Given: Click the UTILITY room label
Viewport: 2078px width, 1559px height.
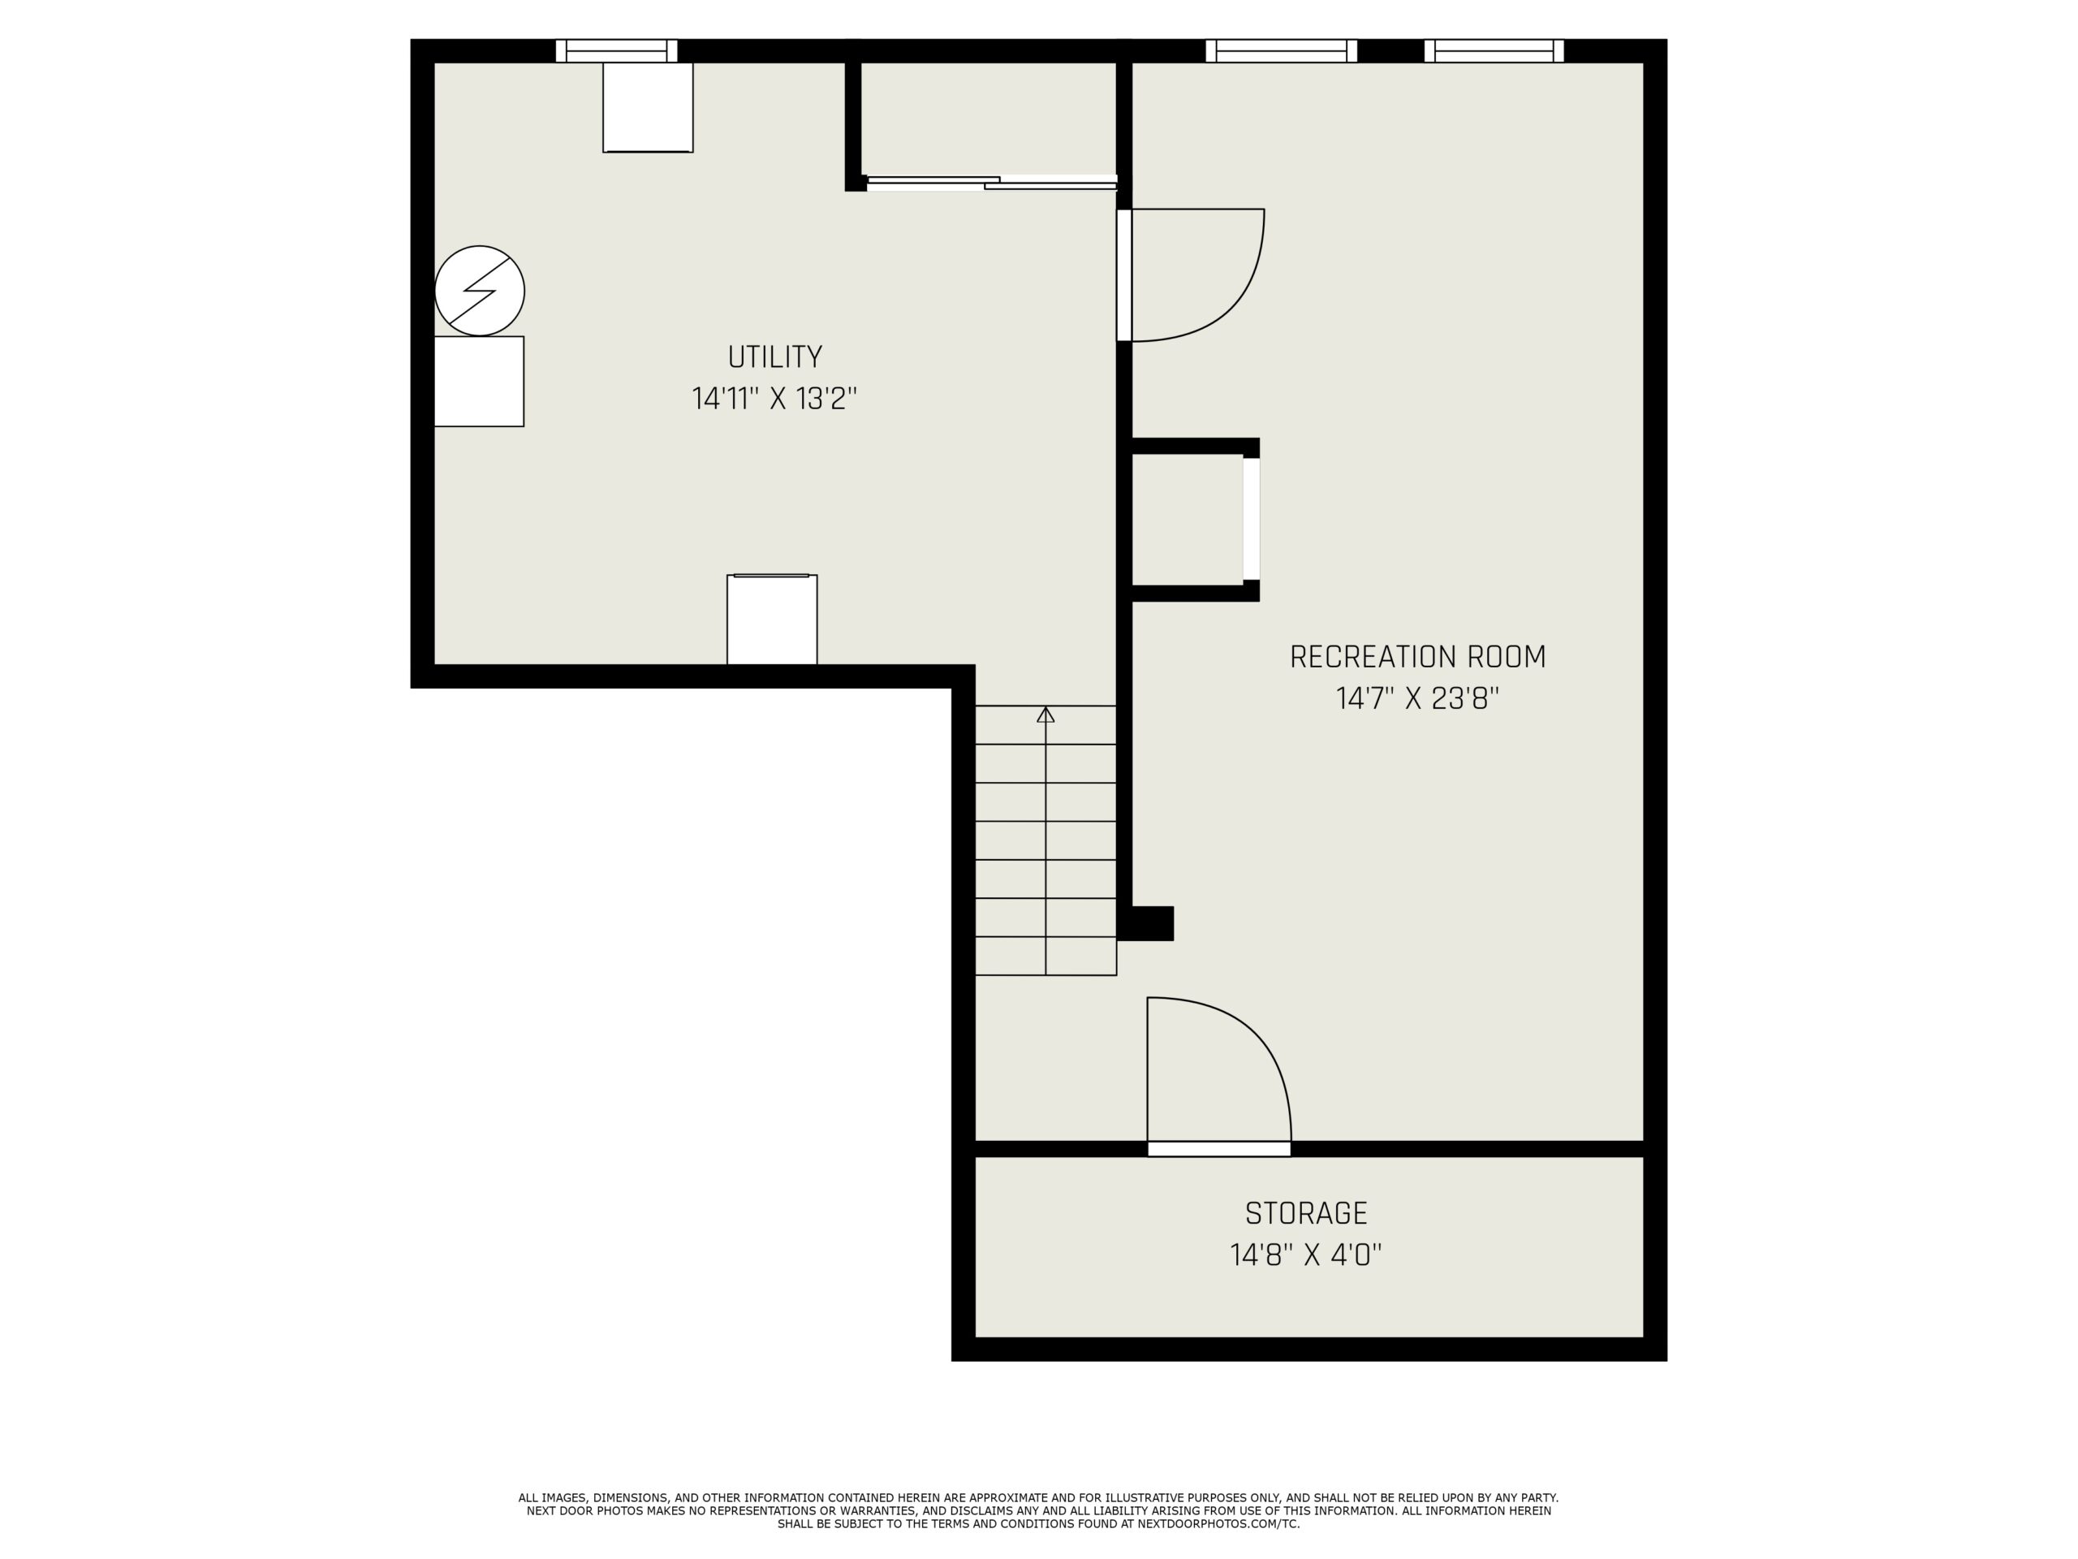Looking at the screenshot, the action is (x=775, y=357).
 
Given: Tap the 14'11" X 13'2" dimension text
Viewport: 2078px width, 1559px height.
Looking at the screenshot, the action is (x=775, y=399).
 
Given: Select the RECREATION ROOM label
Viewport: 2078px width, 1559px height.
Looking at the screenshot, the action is (x=1417, y=657).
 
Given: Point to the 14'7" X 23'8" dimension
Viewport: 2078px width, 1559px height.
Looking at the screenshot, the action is (x=1417, y=699).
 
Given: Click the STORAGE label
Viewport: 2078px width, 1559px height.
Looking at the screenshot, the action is (x=1306, y=1213).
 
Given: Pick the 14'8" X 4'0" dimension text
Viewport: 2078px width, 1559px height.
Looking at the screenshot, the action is (x=1306, y=1255).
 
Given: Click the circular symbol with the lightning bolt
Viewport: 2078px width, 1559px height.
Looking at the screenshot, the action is (x=479, y=291).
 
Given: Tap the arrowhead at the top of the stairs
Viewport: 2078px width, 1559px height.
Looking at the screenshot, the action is (x=1045, y=715).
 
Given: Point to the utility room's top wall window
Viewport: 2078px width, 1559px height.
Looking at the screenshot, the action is (x=616, y=50).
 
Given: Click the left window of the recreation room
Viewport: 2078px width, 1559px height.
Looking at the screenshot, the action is (x=1282, y=50).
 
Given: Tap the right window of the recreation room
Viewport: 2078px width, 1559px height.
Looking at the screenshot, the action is (x=1494, y=50).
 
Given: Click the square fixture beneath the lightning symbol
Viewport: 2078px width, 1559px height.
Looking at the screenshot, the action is (x=479, y=382).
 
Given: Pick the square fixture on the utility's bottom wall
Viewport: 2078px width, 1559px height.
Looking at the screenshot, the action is (x=772, y=620).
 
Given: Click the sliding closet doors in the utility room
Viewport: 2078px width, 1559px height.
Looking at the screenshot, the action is (x=991, y=183).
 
